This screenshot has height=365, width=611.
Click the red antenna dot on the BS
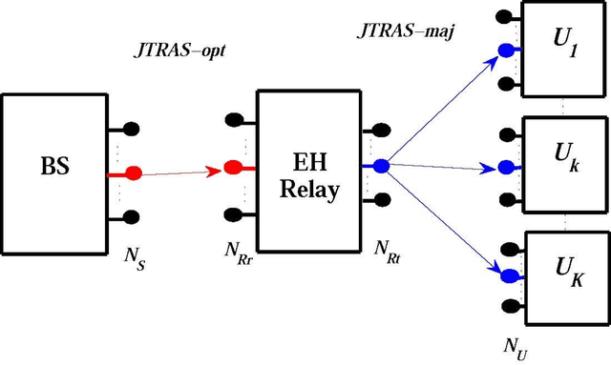coord(134,173)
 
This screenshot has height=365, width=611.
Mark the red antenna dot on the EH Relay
coord(232,169)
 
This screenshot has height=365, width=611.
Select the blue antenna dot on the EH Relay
coord(381,166)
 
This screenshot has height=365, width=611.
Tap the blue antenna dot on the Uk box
coord(511,168)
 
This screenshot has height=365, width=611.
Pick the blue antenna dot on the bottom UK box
coord(511,276)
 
